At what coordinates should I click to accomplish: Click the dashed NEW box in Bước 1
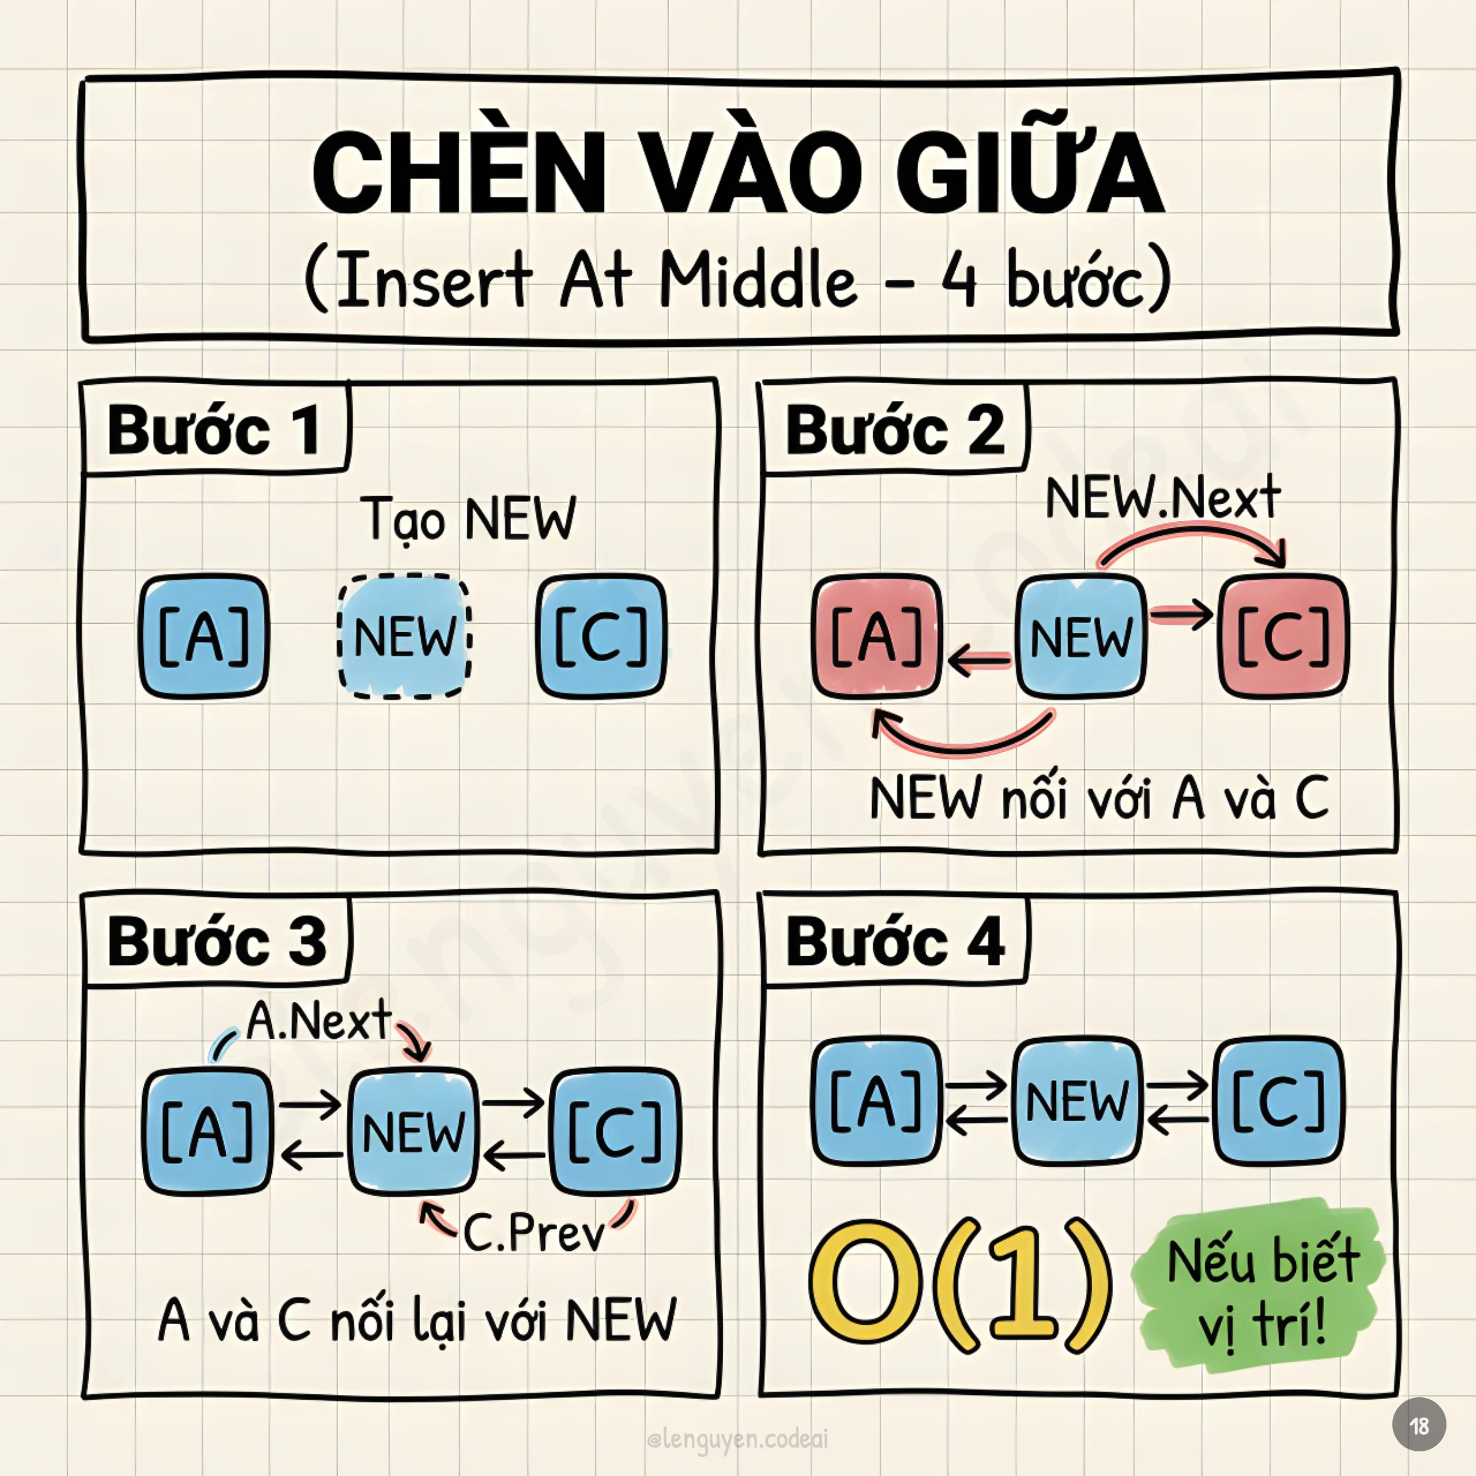[404, 637]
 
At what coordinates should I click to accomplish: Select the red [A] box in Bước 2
[876, 637]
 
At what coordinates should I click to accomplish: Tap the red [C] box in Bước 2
[1284, 637]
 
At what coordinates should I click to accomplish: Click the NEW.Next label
[1162, 498]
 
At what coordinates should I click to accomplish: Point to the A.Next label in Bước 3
[319, 1021]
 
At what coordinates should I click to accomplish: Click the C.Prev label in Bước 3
[534, 1232]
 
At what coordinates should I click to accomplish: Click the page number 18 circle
[1419, 1425]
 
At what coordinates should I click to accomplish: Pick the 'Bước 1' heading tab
[215, 430]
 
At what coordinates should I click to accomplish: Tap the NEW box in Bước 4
[1076, 1101]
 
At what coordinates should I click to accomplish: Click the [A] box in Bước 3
[207, 1132]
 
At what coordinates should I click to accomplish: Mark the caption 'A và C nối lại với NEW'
[416, 1319]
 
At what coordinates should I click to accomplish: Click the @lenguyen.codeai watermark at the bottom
[737, 1439]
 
